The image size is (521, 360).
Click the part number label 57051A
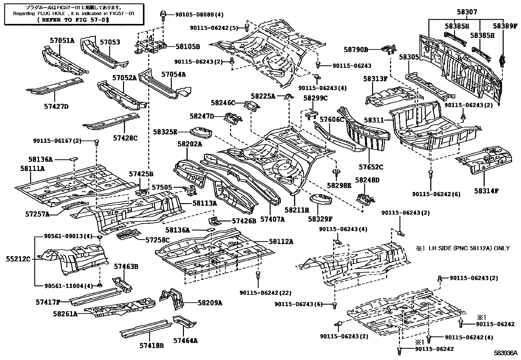(x=62, y=41)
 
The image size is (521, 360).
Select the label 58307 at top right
(x=467, y=12)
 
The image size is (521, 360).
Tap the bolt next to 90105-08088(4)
(x=163, y=14)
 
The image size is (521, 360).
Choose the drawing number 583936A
(x=505, y=353)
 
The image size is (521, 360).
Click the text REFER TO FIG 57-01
(x=74, y=20)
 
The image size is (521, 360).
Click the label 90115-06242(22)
(x=265, y=293)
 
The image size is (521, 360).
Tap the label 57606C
(x=332, y=120)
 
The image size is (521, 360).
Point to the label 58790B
(x=356, y=49)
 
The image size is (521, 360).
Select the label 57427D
(x=56, y=106)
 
